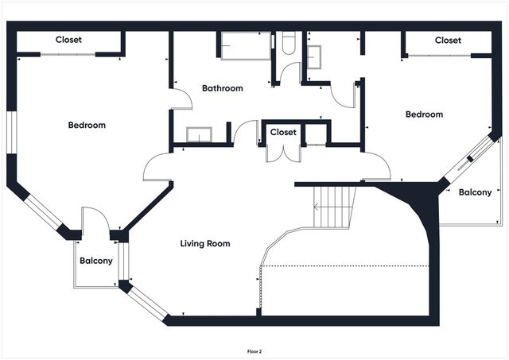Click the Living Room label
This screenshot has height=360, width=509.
pos(205,243)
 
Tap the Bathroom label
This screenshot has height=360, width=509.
pos(223,88)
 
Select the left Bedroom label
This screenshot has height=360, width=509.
pos(87,126)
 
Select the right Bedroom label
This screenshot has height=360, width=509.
pos(424,114)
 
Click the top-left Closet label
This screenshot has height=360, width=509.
pos(68,40)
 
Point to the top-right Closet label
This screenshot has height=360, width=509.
pos(448,41)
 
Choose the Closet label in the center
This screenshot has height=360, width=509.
pos(283,133)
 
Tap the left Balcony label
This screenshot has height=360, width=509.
pos(96,261)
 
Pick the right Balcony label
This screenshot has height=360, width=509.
pos(476,192)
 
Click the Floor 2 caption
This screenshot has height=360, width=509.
pos(254,351)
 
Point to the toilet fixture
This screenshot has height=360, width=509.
pos(288,43)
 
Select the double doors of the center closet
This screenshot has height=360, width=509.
pos(283,154)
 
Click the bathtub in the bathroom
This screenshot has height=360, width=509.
pos(246,46)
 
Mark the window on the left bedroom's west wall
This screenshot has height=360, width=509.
pos(12,133)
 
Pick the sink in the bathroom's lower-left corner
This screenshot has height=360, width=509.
pos(200,134)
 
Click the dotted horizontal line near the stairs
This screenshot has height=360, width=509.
pos(344,266)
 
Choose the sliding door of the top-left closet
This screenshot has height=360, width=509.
pos(68,55)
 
